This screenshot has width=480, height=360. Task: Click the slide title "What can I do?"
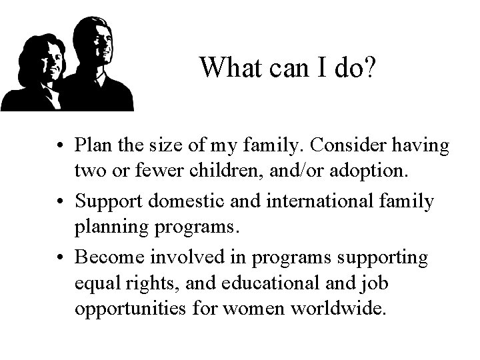pyautogui.click(x=289, y=67)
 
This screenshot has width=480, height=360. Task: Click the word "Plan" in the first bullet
pyautogui.click(x=95, y=145)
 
